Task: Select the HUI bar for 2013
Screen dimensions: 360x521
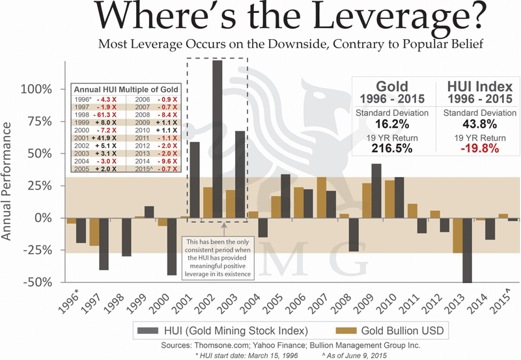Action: click(468, 250)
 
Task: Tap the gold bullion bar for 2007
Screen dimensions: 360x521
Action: click(322, 197)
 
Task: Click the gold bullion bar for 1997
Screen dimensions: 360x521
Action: click(94, 232)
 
